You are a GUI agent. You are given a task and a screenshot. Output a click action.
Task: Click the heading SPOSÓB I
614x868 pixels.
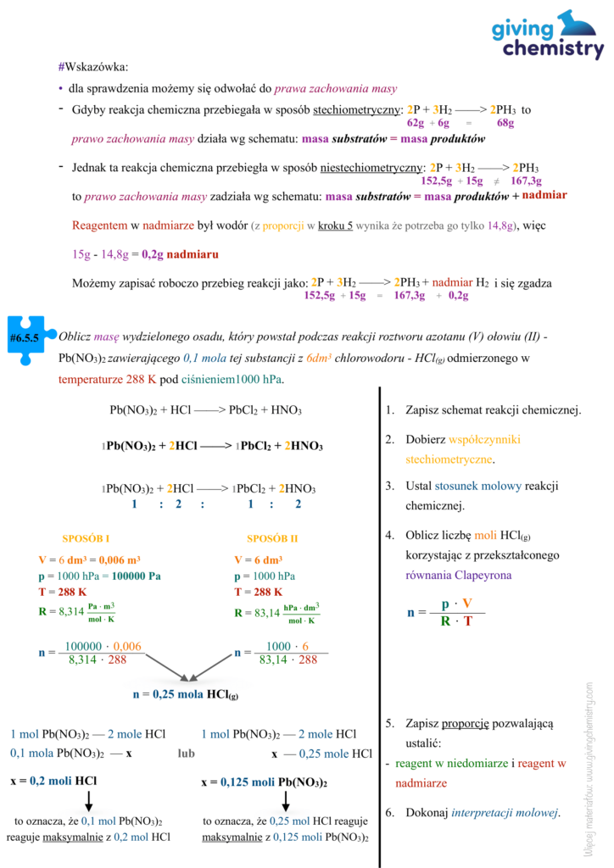86,538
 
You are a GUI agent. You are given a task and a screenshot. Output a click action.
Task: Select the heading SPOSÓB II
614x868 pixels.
272,538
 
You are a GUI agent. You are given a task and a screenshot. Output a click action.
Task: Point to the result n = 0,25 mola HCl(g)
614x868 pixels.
186,694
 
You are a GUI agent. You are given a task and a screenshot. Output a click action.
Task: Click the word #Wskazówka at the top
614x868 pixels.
93,67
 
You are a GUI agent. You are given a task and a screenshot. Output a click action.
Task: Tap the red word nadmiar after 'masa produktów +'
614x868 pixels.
544,196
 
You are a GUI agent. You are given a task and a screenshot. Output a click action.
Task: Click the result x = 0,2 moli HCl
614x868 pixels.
53,780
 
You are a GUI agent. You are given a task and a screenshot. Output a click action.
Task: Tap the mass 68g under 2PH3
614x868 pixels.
505,123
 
